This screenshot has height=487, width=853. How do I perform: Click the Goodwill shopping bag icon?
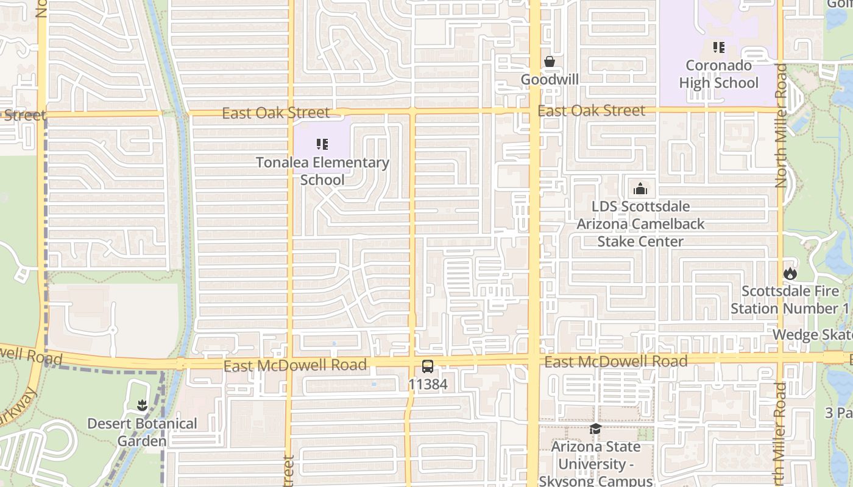click(x=549, y=61)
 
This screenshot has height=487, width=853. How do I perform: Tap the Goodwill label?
click(x=549, y=80)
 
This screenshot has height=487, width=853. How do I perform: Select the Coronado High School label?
click(x=718, y=74)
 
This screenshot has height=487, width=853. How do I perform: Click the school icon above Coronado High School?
click(x=718, y=47)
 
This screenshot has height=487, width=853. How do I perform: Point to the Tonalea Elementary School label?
click(x=322, y=171)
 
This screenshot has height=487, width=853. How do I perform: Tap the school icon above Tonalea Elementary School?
click(x=322, y=144)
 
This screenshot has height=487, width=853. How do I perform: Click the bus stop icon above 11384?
click(x=428, y=366)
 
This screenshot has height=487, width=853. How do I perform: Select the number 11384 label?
click(x=428, y=385)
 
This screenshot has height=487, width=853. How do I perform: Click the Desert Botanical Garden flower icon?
click(x=142, y=405)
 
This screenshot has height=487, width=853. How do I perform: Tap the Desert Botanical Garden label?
click(x=142, y=432)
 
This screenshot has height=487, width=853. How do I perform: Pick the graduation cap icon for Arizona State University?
click(x=595, y=429)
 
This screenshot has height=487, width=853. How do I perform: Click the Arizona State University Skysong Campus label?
click(x=595, y=464)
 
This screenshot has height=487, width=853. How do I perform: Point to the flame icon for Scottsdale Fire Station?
click(x=790, y=273)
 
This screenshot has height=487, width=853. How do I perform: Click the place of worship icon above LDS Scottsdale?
click(x=640, y=189)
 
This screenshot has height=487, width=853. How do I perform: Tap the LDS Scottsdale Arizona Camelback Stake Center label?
click(x=640, y=224)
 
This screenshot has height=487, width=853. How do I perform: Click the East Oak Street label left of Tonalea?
click(x=275, y=113)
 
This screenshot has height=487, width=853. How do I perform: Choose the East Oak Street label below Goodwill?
click(x=591, y=111)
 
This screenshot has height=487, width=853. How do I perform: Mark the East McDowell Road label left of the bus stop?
click(x=295, y=365)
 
